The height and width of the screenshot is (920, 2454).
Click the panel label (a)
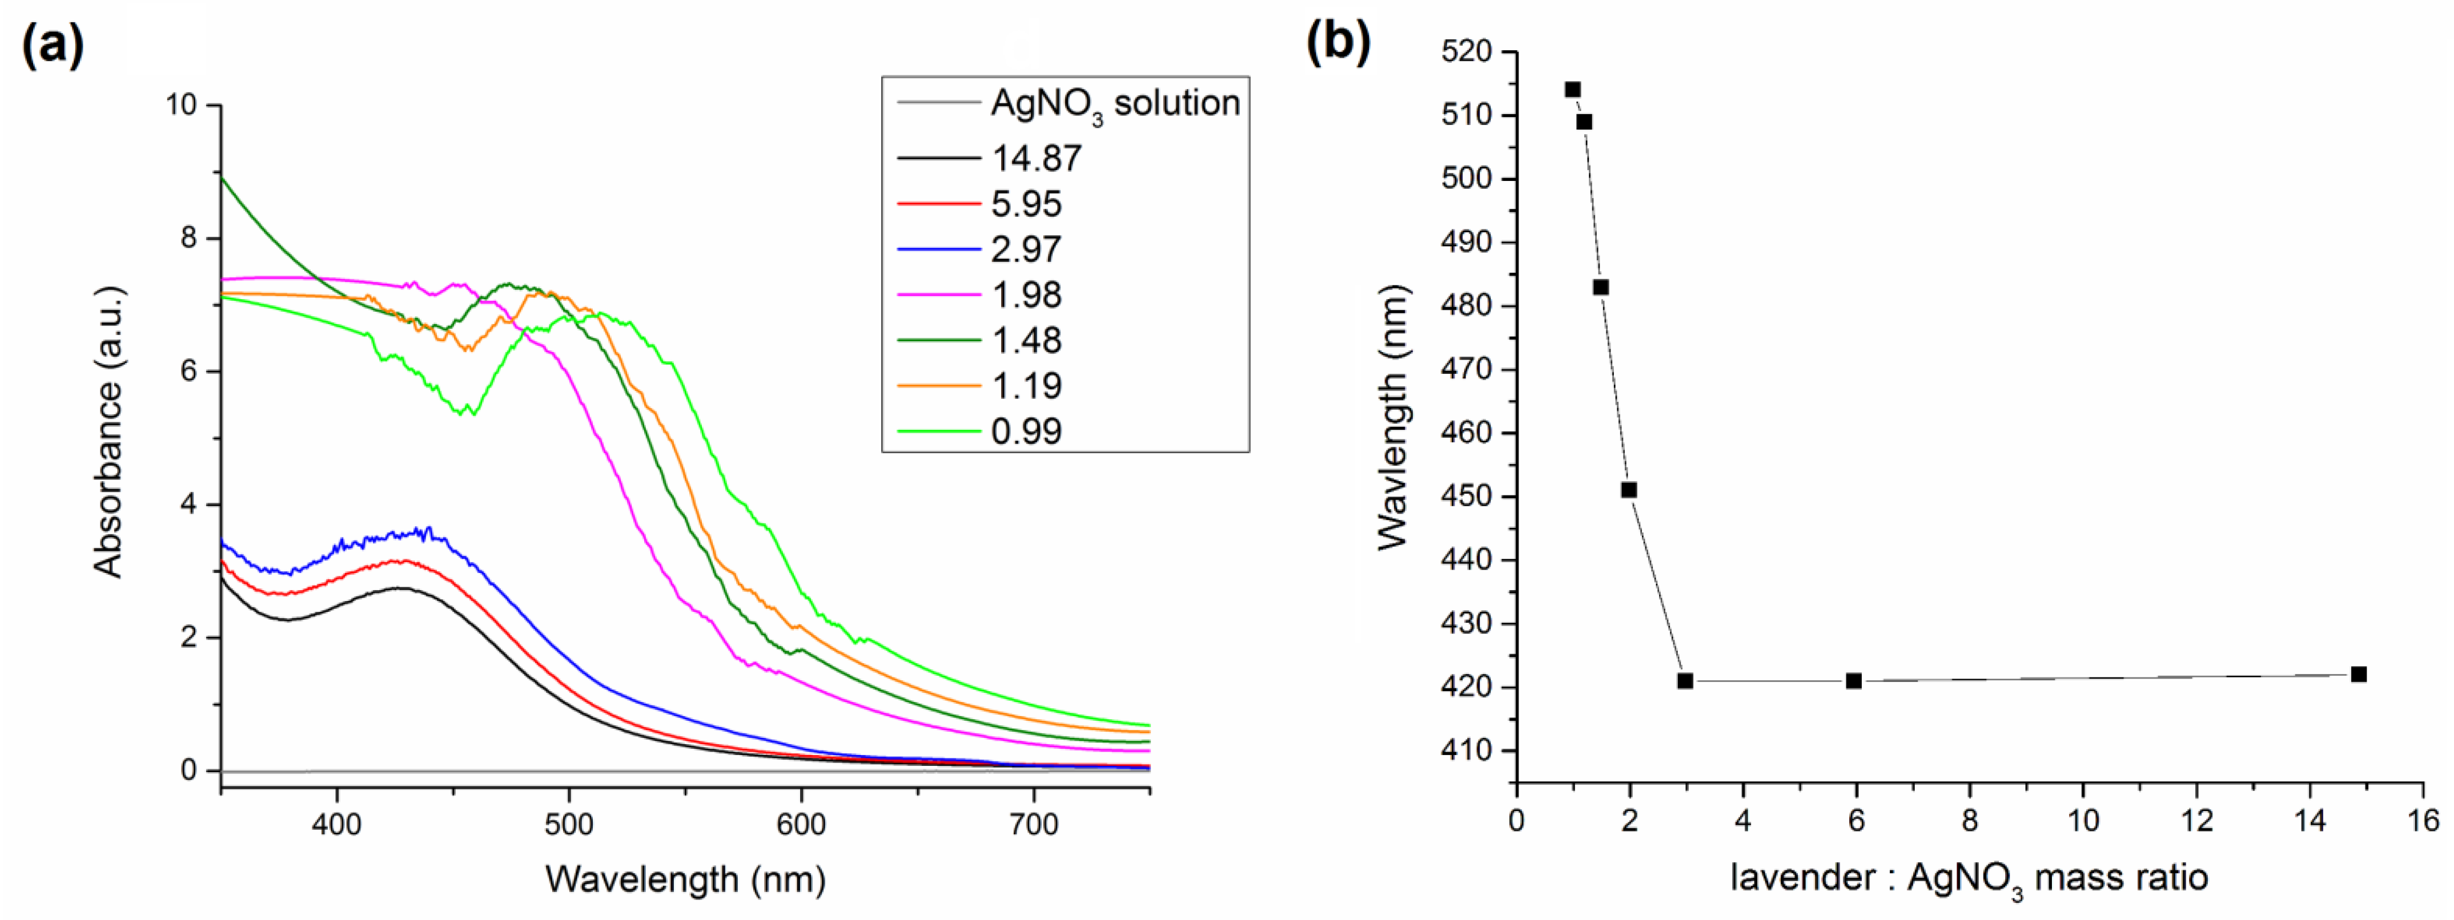pos(53,45)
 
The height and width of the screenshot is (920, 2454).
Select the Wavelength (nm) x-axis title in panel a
pos(685,878)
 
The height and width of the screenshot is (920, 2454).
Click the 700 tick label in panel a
pos(1034,824)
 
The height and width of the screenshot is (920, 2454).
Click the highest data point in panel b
pos(1573,90)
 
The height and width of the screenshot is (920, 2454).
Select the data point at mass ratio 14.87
pos(2359,674)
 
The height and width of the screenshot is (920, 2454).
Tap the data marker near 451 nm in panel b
pos(1629,490)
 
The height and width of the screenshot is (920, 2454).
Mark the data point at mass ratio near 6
pos(1854,681)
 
